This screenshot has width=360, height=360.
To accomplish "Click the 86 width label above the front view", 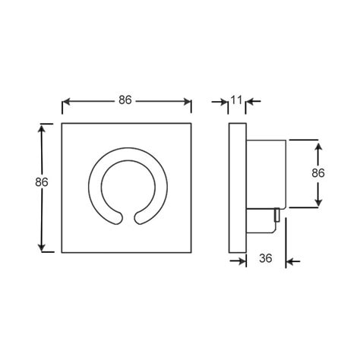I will pyautogui.click(x=127, y=99).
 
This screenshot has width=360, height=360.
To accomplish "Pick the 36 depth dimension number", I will pyautogui.click(x=266, y=260).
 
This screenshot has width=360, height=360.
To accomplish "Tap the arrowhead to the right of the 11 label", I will pyautogui.click(x=253, y=100).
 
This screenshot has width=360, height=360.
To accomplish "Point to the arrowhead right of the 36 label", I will pyautogui.click(x=292, y=262).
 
